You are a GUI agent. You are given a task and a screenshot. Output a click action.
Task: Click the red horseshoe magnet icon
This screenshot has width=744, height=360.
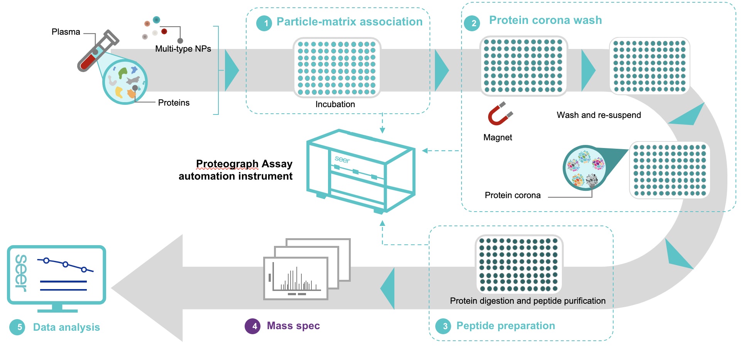[500, 114]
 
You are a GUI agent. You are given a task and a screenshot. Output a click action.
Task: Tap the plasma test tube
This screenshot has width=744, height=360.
[97, 50]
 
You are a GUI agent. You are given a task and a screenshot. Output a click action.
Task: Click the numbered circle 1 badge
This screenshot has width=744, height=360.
[264, 23]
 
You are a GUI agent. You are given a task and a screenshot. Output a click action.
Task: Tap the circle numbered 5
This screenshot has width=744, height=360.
[17, 327]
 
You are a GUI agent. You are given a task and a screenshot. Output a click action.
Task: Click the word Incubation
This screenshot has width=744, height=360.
[335, 104]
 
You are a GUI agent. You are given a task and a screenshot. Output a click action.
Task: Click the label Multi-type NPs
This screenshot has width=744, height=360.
[183, 49]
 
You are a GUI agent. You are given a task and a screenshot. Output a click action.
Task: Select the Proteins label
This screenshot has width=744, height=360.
[174, 103]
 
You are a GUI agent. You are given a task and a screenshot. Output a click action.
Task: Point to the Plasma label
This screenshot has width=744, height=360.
[66, 32]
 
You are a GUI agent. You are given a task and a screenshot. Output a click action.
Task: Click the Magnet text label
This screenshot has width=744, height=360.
[497, 138]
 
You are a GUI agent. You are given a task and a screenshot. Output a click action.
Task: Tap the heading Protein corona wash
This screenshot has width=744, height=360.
[545, 20]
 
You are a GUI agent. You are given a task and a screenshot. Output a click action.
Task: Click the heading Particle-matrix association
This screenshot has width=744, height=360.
[349, 22]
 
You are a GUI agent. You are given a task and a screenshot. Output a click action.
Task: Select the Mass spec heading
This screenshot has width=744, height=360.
[293, 326]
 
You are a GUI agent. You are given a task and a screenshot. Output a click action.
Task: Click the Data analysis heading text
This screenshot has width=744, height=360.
[66, 327]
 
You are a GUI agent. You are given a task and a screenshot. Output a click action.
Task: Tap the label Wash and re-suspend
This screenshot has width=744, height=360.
[599, 115]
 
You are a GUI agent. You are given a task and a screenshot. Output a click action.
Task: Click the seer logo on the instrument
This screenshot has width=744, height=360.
[342, 159]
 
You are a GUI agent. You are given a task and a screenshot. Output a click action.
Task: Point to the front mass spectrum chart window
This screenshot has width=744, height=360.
[296, 278]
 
